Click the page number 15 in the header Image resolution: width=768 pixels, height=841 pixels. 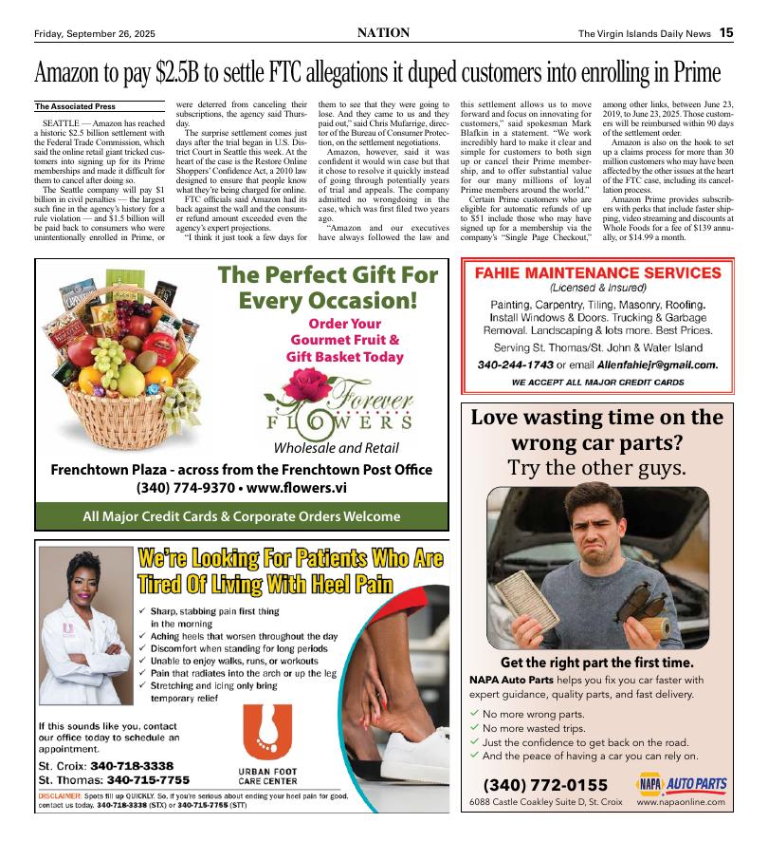[x=725, y=33]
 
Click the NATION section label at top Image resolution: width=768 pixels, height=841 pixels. [x=383, y=33]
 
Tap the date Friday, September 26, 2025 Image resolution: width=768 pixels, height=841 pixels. [x=94, y=34]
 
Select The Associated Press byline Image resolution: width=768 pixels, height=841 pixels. [x=75, y=106]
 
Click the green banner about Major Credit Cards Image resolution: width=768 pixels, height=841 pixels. [x=241, y=516]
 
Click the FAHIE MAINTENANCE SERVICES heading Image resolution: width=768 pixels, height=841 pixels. [x=597, y=272]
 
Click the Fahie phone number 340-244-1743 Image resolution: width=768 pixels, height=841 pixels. [x=515, y=364]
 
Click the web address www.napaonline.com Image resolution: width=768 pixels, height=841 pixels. [x=681, y=802]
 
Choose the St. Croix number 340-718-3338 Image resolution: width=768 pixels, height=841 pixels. [x=132, y=765]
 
